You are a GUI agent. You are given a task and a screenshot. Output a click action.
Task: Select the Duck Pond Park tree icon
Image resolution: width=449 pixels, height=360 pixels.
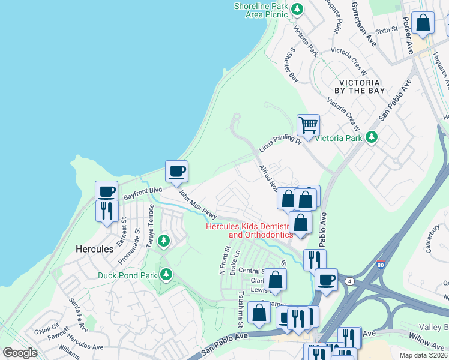coord(166,275)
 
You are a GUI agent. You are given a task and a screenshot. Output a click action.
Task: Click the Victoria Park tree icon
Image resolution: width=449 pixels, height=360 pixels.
coord(372,137)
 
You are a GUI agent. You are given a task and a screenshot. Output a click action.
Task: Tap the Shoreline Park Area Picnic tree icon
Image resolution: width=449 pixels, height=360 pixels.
coord(296,8)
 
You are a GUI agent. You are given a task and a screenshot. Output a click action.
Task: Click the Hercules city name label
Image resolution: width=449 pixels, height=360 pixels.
coord(95,248)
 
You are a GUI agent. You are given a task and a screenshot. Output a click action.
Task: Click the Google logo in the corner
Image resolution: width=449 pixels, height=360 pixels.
coord(20,352)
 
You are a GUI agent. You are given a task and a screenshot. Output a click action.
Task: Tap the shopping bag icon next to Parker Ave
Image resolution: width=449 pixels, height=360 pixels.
coord(424,23)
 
